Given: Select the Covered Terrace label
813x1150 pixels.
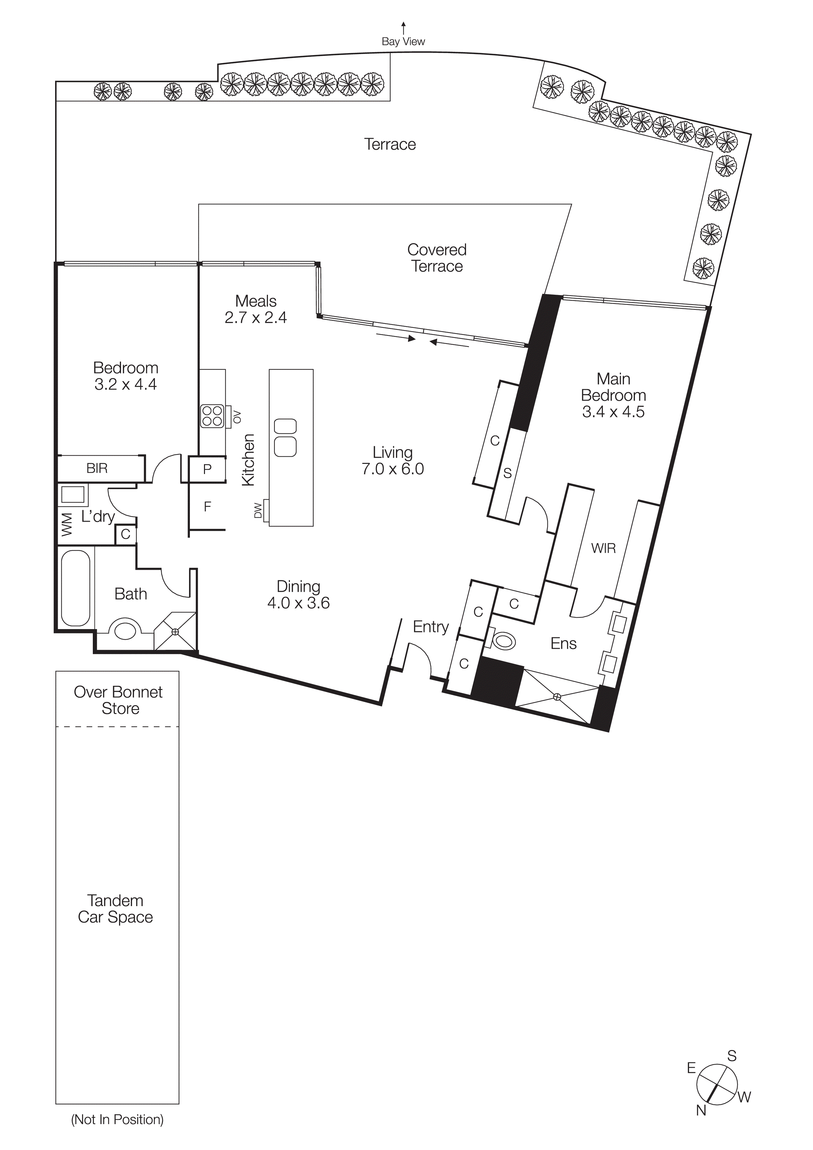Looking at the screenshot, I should point(437,258).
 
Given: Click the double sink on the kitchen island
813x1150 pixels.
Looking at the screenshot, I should point(286,437).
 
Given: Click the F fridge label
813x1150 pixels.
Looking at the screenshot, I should point(207,507).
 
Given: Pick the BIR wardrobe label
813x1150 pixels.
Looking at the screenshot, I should point(97,468).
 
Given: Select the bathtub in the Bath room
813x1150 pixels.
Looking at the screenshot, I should point(76,588).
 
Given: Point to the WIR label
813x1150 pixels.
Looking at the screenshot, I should point(603,548).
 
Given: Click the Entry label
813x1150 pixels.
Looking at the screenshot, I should point(430,626).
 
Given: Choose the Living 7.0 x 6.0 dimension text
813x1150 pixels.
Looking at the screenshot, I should point(393,469).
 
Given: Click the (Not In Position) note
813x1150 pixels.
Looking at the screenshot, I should point(117,1120).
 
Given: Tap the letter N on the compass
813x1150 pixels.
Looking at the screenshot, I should point(701,1110).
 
